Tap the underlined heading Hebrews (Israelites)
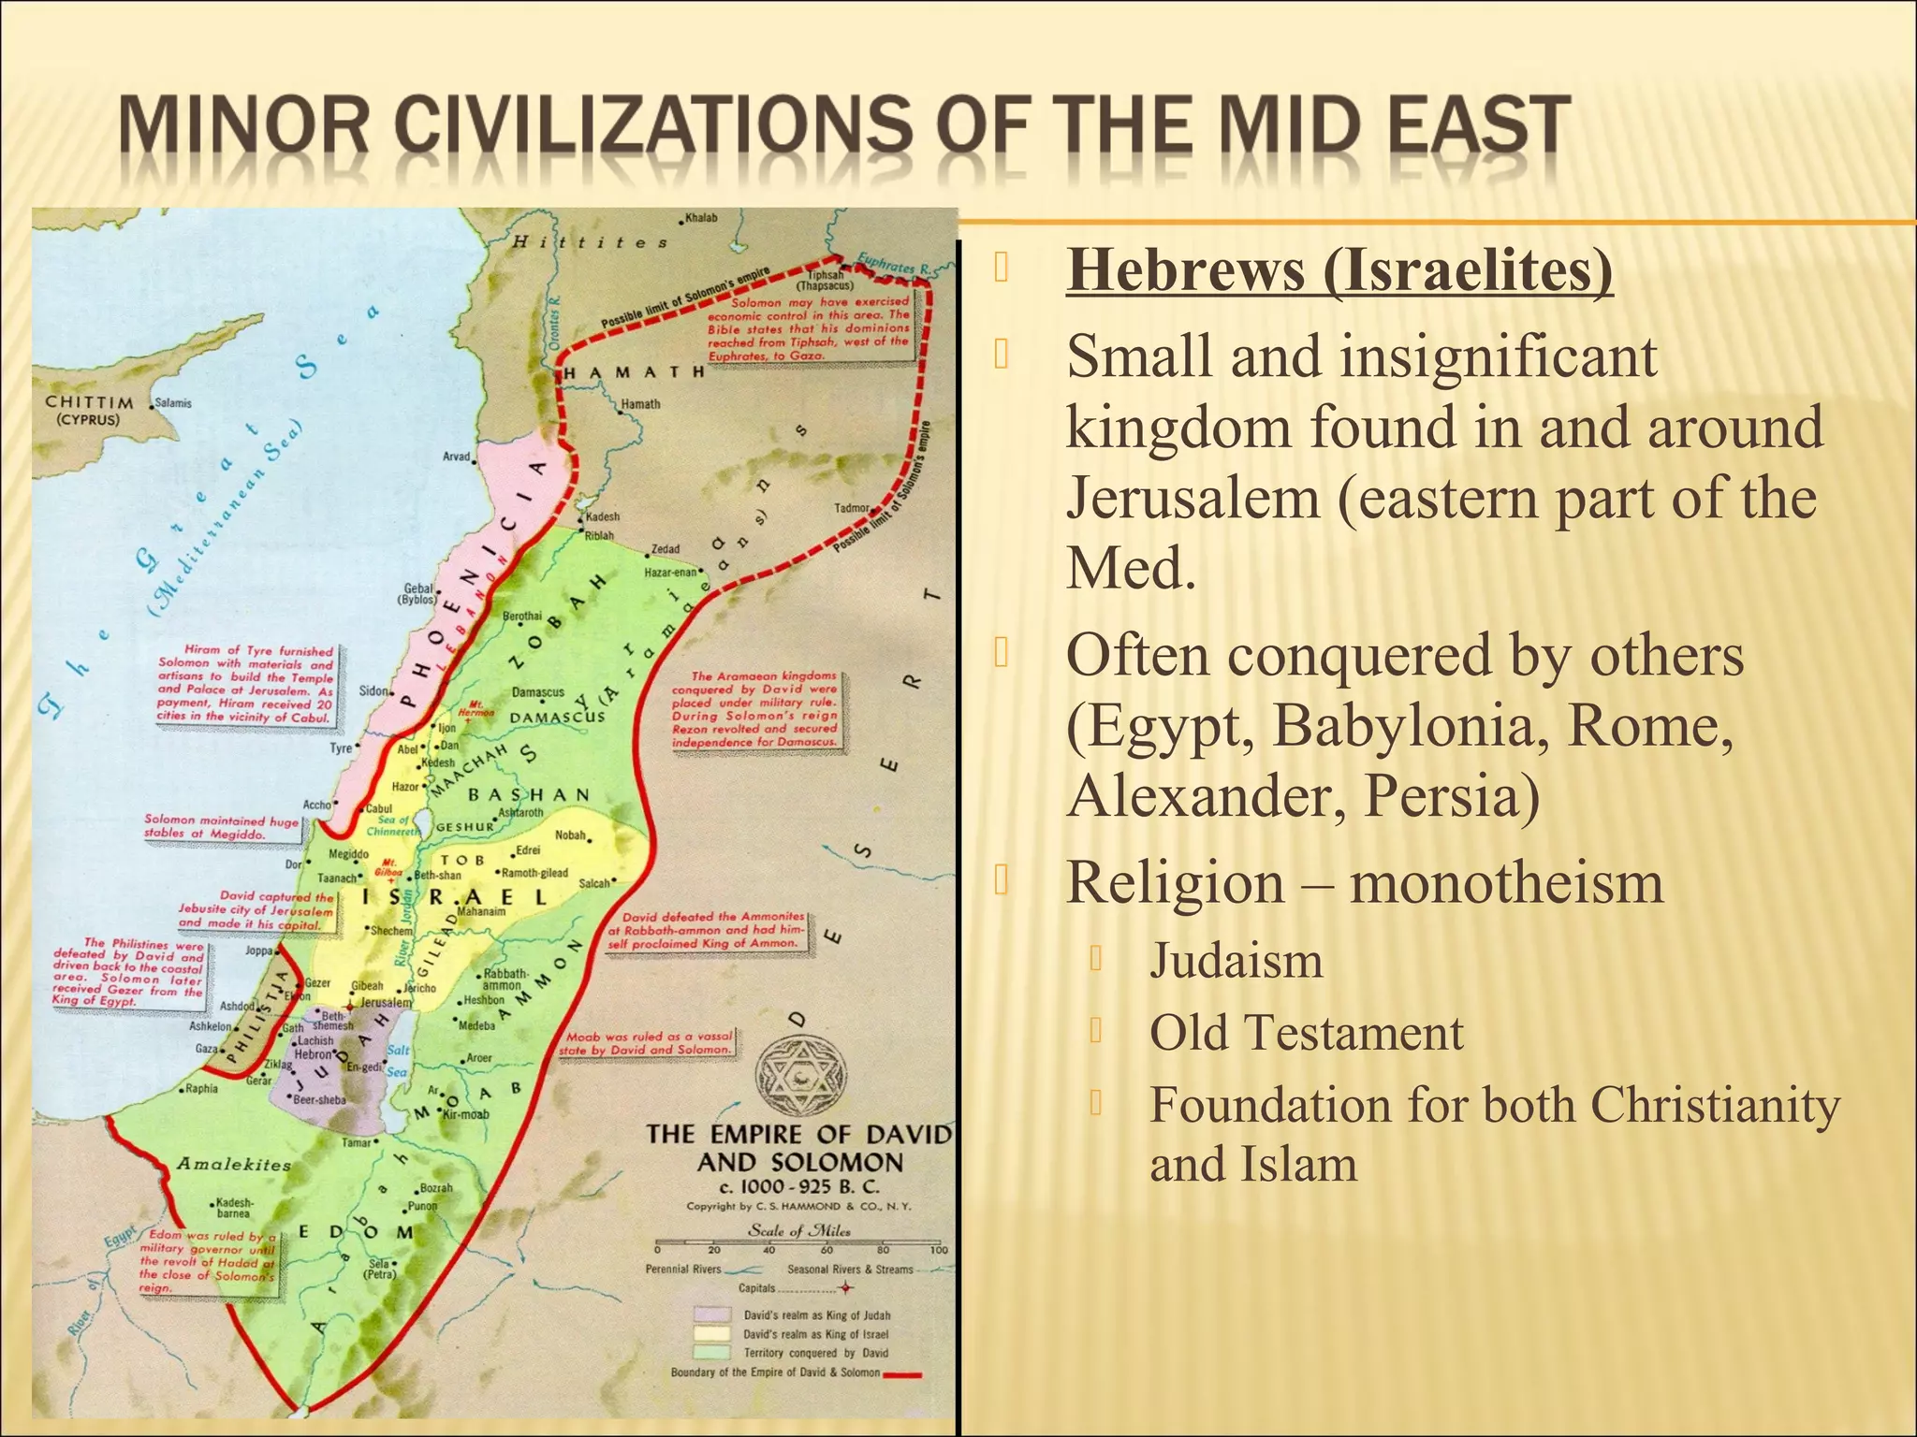[x=1339, y=271]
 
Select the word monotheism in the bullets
[x=1506, y=883]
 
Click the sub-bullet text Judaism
[x=1236, y=961]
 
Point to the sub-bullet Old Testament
[x=1306, y=1034]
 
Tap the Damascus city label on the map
[x=538, y=692]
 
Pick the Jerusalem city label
[x=386, y=1002]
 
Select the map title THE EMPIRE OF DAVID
[x=798, y=1135]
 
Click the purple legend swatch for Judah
[x=711, y=1315]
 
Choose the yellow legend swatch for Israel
[x=711, y=1334]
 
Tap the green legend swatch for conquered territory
[x=711, y=1353]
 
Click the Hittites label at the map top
[x=591, y=242]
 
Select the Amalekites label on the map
[x=234, y=1165]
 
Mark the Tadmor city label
[x=852, y=509]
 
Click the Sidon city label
[x=373, y=691]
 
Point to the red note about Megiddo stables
[x=221, y=827]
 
